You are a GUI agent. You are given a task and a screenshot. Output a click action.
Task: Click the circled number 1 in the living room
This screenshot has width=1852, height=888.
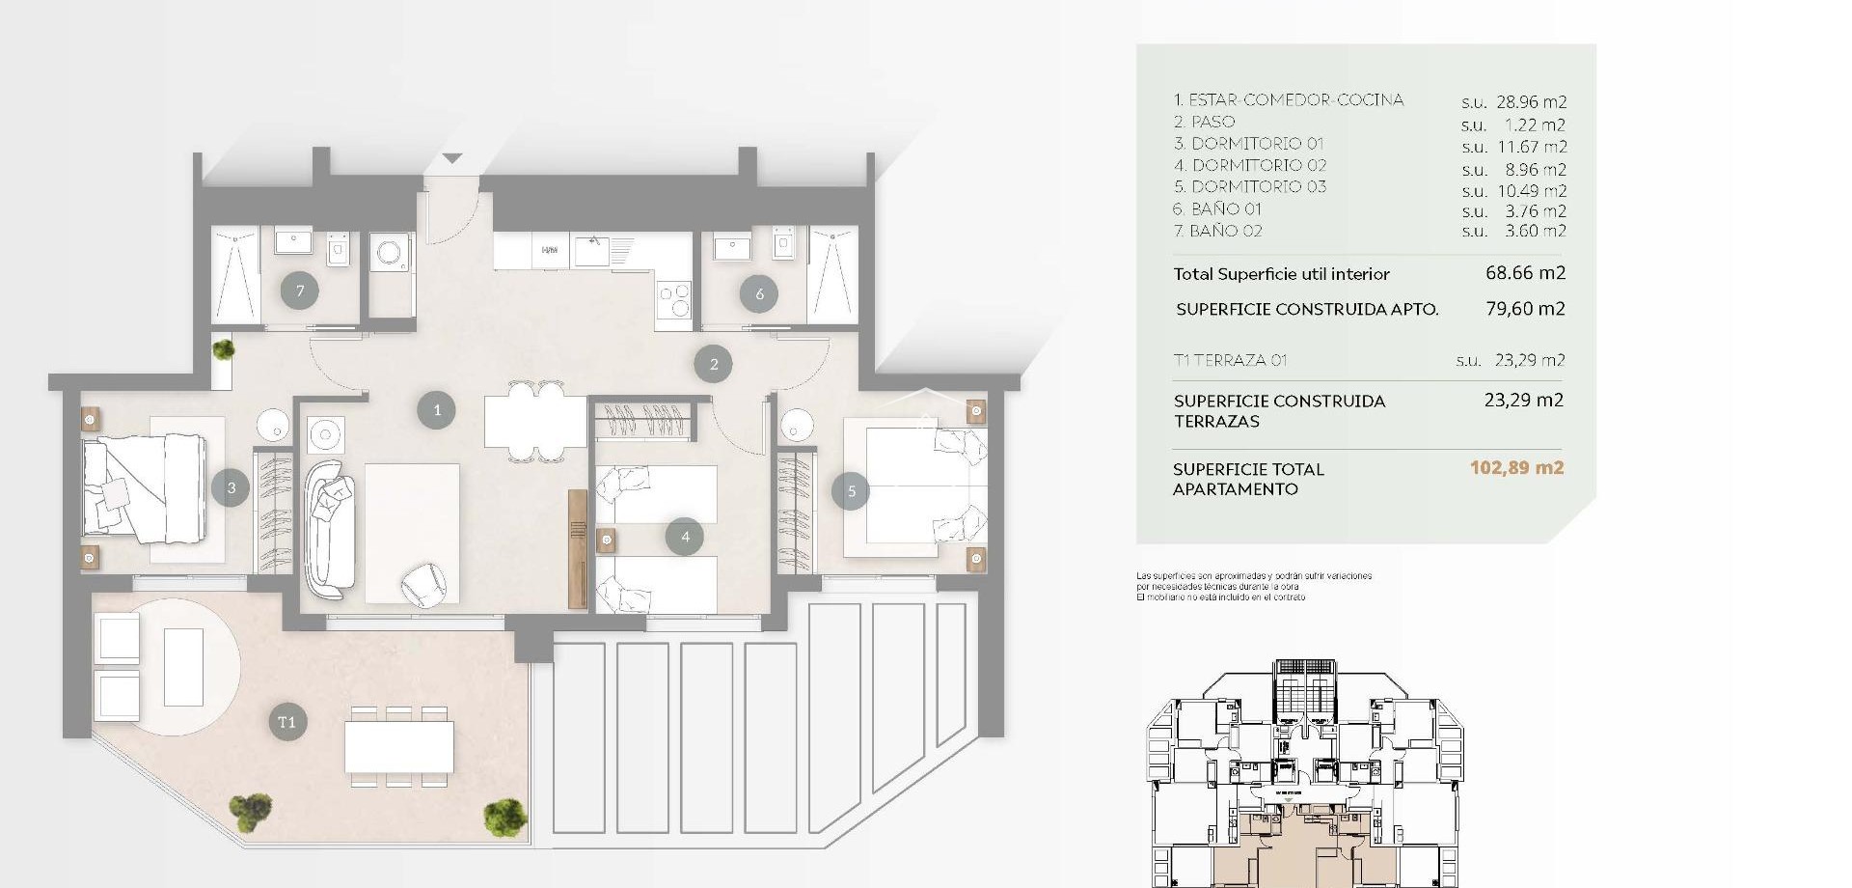(436, 410)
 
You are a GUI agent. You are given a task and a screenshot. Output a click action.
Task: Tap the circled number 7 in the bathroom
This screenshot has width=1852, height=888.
(300, 291)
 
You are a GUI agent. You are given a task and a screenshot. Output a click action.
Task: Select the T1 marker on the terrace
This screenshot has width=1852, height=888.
(286, 722)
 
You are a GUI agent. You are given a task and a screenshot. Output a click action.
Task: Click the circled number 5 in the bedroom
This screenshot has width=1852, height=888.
(851, 491)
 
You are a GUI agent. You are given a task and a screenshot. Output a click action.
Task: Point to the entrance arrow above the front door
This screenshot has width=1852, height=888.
(452, 157)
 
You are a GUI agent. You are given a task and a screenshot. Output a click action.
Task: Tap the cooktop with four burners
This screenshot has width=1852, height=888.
(673, 298)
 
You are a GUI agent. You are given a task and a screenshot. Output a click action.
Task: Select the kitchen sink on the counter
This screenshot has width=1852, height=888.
(591, 252)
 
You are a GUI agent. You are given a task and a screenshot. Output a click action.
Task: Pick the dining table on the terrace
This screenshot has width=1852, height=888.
(399, 746)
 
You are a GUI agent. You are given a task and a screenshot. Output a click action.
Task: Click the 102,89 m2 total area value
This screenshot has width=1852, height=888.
(1516, 468)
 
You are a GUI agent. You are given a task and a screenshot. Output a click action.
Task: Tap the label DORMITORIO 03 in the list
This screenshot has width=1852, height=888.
(1258, 187)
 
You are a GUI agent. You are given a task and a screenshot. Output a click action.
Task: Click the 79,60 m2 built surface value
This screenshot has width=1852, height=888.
(1525, 309)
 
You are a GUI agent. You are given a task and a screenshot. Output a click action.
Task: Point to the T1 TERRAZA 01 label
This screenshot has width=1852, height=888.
(1230, 360)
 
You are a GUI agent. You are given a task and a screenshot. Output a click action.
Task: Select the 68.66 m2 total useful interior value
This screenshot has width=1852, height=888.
(1525, 273)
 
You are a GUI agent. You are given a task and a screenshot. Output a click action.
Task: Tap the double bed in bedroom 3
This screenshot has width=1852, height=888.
(143, 486)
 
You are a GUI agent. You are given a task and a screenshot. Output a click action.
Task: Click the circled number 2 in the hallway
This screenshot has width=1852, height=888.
(713, 364)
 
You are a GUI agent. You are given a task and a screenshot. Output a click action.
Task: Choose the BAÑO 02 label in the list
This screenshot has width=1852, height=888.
(1225, 231)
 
